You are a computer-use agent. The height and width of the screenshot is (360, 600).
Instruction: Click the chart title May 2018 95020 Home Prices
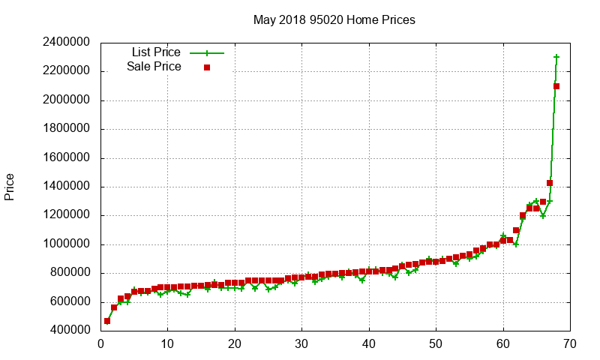pos(334,19)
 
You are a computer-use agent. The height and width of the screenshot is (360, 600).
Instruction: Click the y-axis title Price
pos(10,186)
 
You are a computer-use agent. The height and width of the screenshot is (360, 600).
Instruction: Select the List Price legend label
pos(156,52)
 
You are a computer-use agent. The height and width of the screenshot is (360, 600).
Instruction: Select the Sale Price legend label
pos(154,67)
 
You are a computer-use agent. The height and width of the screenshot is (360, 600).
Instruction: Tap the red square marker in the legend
pos(207,67)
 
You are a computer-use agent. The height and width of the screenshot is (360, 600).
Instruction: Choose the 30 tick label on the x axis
pos(301,344)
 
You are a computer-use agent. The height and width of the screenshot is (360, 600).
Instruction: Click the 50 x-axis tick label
pos(436,344)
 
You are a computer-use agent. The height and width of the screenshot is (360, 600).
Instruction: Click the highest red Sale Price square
pos(556,86)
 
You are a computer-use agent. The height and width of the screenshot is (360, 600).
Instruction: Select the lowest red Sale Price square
pos(107,321)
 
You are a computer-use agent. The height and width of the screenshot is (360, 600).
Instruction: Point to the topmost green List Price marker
pos(556,57)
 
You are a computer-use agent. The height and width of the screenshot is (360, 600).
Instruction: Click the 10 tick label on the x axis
pos(167,344)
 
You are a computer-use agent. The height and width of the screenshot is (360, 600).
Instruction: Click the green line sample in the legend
pos(207,53)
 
